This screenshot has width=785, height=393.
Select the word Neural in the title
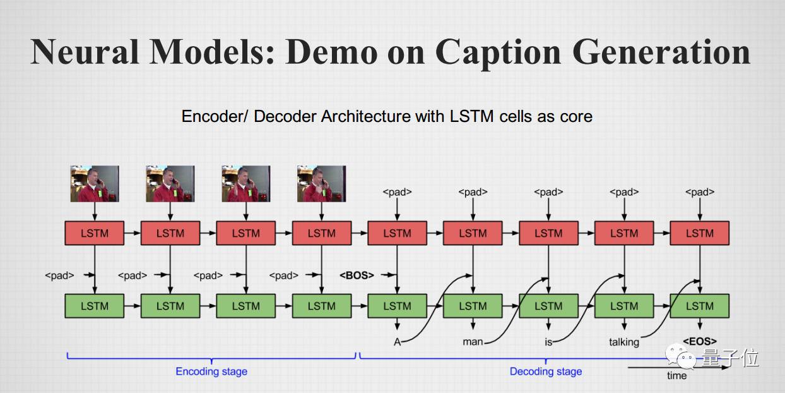(x=85, y=51)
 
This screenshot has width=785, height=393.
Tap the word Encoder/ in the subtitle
(x=216, y=116)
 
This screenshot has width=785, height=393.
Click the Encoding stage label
(x=211, y=371)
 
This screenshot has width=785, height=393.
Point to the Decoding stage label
(x=546, y=371)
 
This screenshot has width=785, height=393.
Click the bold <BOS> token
(x=357, y=275)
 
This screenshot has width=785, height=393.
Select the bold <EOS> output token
(x=700, y=341)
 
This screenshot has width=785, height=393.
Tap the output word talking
(x=624, y=342)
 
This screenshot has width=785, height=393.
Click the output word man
(x=473, y=342)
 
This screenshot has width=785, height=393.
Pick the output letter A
(x=398, y=342)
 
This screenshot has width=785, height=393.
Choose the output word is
(x=548, y=342)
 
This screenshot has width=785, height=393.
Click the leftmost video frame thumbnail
(x=95, y=184)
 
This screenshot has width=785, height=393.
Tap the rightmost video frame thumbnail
(x=321, y=184)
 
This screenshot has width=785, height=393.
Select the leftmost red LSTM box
(x=95, y=233)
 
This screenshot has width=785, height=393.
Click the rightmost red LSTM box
(x=700, y=233)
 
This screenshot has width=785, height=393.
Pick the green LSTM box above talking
(x=624, y=306)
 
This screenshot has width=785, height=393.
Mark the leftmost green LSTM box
(x=95, y=306)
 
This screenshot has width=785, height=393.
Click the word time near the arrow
(x=676, y=375)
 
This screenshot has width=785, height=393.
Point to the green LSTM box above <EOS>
(x=700, y=306)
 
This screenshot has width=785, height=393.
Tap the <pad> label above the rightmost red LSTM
(x=700, y=192)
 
